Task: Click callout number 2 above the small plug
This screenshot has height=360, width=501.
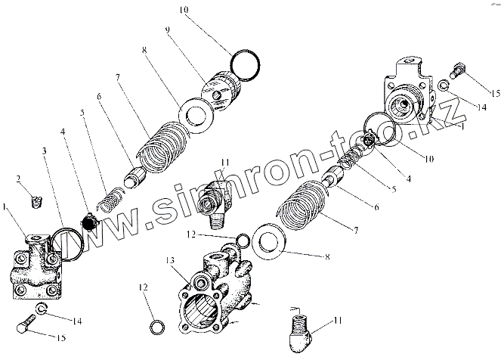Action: pos(17,178)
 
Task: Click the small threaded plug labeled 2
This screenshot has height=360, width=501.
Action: pos(34,200)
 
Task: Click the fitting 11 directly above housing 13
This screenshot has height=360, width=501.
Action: pos(213,198)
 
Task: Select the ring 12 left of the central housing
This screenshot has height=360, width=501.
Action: pos(155,328)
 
